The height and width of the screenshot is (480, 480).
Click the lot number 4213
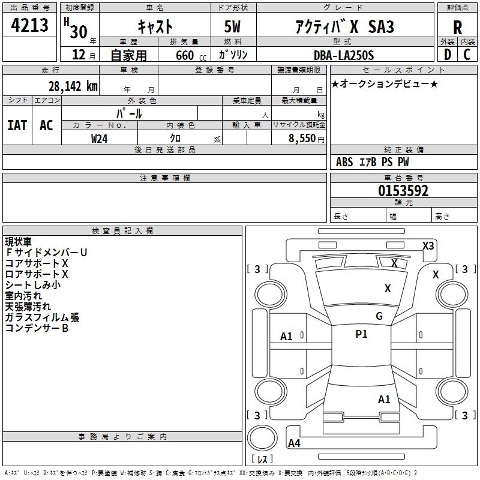click(29, 25)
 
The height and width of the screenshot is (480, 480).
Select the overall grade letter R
click(457, 28)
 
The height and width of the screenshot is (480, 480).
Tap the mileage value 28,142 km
click(73, 86)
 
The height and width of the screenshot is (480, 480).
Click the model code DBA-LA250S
click(344, 55)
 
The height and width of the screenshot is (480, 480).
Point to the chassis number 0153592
click(403, 191)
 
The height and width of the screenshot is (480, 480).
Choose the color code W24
click(100, 139)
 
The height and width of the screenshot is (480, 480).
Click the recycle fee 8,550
click(302, 139)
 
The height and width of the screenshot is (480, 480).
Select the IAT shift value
click(17, 125)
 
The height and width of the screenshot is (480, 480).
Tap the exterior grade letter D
click(448, 55)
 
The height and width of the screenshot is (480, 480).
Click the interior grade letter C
click(467, 55)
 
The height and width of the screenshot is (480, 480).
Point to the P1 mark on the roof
click(361, 334)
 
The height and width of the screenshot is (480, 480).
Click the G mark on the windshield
click(379, 316)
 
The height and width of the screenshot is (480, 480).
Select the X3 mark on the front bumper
click(428, 246)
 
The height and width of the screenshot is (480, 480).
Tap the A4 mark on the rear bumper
click(294, 443)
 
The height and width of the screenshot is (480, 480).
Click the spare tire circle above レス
click(262, 438)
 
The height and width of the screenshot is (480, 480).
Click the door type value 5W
click(232, 26)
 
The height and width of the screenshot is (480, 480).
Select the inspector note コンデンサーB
click(37, 328)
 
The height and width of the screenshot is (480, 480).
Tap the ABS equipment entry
click(344, 162)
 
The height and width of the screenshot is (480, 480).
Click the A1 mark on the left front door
click(286, 337)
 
